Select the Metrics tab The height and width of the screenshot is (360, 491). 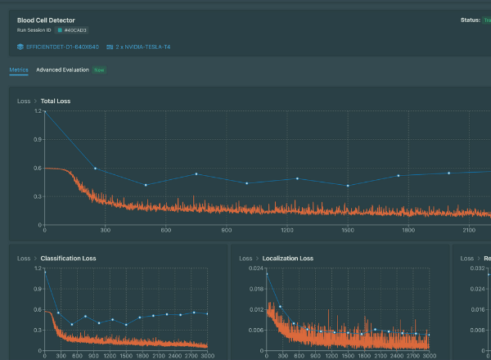(19, 70)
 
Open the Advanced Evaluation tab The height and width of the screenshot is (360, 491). (63, 70)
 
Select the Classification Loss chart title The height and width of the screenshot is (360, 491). (68, 259)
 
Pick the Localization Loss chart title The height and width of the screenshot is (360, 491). (287, 259)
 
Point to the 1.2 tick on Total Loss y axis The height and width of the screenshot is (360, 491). (38, 110)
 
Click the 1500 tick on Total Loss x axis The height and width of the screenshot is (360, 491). (347, 231)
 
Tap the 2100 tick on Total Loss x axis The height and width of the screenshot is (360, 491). (468, 231)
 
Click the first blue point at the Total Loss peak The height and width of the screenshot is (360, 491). (45, 110)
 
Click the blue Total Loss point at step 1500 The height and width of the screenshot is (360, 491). (348, 186)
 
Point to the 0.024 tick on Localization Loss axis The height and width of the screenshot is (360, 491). (256, 268)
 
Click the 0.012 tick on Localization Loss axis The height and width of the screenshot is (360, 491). (256, 309)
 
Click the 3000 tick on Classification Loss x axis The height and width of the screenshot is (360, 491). (208, 357)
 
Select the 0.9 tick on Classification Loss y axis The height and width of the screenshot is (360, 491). (38, 289)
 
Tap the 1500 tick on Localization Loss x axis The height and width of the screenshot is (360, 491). (347, 357)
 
